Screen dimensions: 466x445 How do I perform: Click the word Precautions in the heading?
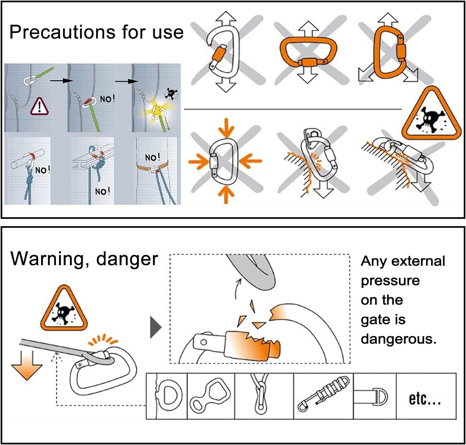click(x=62, y=32)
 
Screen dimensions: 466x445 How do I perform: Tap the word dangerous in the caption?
click(x=398, y=339)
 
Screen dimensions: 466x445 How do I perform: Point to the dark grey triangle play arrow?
click(x=156, y=327)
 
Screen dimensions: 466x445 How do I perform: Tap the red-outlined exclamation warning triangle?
click(x=39, y=106)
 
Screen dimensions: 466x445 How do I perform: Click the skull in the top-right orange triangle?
click(x=431, y=119)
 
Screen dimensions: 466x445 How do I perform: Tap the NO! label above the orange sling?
click(x=153, y=157)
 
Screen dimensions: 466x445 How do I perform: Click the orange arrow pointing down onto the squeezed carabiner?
click(x=226, y=128)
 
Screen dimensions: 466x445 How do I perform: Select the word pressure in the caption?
click(x=390, y=281)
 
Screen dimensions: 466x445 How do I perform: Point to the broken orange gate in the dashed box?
click(x=251, y=344)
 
